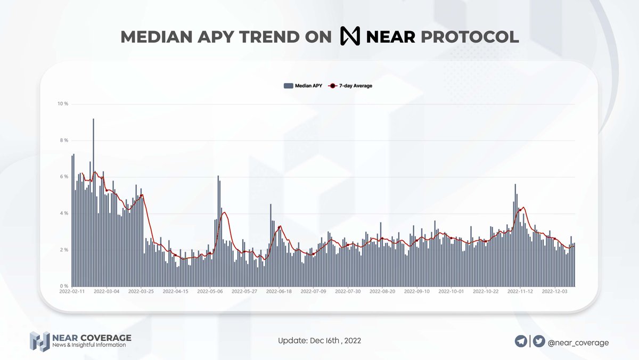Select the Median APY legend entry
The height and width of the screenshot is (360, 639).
pos(303,85)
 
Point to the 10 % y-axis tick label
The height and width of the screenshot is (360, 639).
pos(63,104)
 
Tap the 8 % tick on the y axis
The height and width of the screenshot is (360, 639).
pos(63,141)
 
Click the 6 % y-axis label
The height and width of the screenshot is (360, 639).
pos(63,177)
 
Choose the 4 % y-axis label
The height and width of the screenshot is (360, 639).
pos(63,214)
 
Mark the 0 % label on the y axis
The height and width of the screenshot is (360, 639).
pos(63,286)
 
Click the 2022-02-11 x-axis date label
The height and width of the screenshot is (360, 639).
pos(72,292)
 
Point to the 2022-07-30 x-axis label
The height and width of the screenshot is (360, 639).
pos(347,292)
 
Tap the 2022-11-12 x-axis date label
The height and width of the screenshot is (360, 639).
pos(520,292)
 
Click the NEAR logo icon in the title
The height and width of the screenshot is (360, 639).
pos(350,37)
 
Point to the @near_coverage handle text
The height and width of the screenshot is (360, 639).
pos(578,343)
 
